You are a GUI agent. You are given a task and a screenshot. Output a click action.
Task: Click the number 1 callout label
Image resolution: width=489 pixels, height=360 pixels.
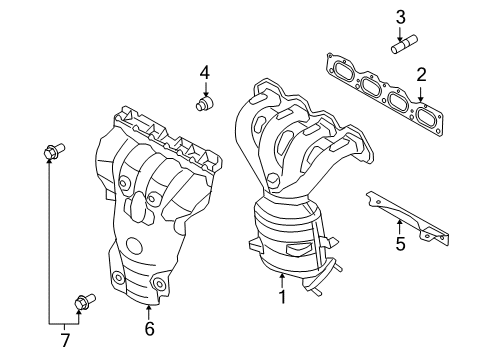coord(283,297)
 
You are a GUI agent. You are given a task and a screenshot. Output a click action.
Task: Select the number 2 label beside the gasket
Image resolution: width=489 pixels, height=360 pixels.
coord(421,73)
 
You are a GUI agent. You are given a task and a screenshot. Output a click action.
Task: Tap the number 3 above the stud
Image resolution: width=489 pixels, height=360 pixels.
coord(399,16)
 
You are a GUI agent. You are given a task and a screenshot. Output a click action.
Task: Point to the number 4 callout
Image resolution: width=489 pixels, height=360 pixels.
coord(204,72)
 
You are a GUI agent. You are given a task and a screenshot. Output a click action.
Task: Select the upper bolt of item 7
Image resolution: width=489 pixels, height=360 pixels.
coord(52,152)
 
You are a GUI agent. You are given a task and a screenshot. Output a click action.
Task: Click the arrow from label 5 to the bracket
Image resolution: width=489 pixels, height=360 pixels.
coord(400,222)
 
